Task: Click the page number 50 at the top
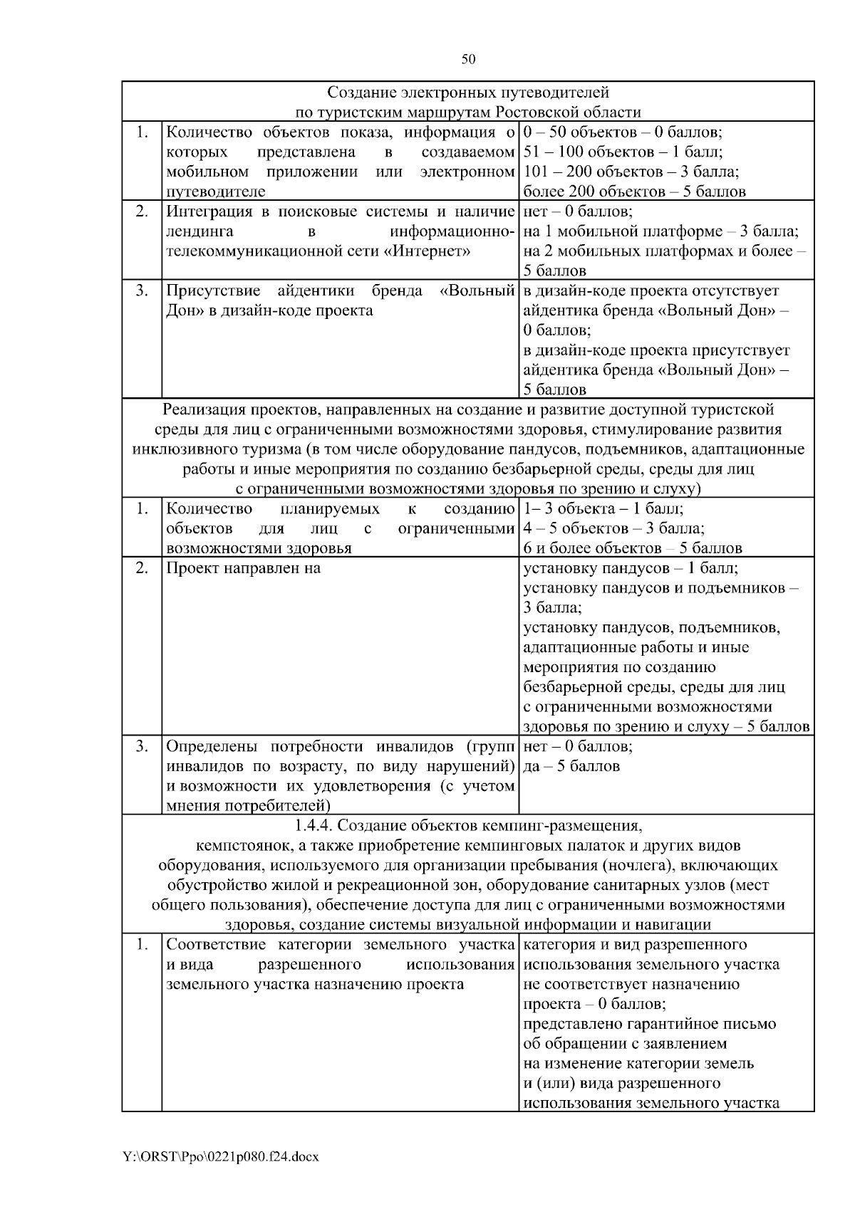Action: point(468,59)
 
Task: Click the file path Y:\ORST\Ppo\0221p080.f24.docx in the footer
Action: point(220,1157)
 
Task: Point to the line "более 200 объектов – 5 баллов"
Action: point(634,192)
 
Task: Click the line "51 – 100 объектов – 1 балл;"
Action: point(623,152)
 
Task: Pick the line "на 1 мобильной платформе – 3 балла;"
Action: point(660,231)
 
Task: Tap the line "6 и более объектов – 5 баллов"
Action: point(633,548)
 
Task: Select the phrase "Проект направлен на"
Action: point(243,568)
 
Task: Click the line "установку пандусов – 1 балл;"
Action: point(630,568)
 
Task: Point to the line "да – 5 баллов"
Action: point(571,766)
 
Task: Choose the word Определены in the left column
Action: point(210,746)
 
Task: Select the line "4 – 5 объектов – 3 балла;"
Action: point(613,528)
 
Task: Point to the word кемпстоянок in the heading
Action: point(241,846)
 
